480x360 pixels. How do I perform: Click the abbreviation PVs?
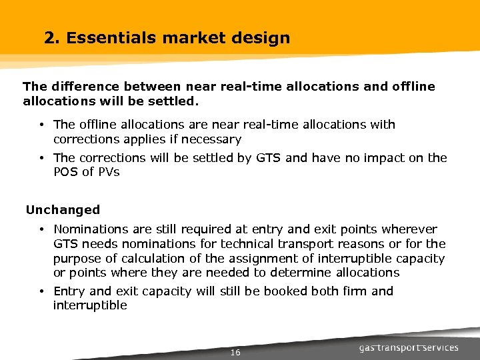click(107, 172)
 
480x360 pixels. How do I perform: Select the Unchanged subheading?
click(63, 210)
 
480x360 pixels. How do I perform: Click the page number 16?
click(235, 352)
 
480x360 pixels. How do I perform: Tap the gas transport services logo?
click(409, 347)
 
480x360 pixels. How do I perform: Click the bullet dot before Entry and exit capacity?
click(41, 291)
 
